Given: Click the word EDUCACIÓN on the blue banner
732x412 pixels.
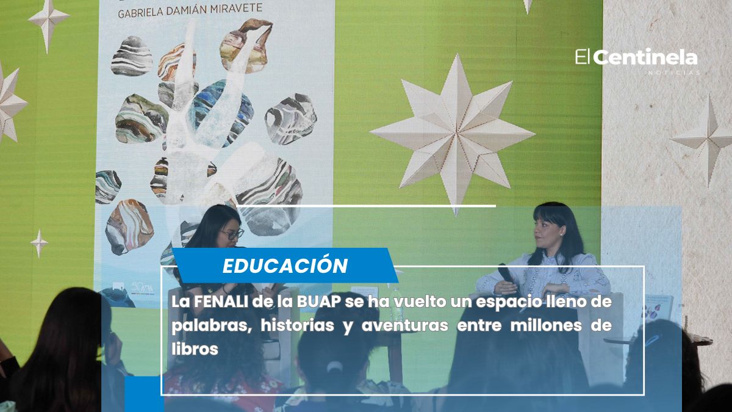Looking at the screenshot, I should tap(285, 266).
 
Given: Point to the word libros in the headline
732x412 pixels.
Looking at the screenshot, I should tap(195, 349).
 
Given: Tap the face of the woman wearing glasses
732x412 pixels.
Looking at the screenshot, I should tap(231, 233).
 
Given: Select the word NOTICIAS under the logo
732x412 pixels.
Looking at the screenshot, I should tap(674, 73).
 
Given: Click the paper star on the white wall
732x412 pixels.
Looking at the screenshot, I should tap(708, 140).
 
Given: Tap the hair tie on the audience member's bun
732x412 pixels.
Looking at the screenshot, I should tap(334, 367).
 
